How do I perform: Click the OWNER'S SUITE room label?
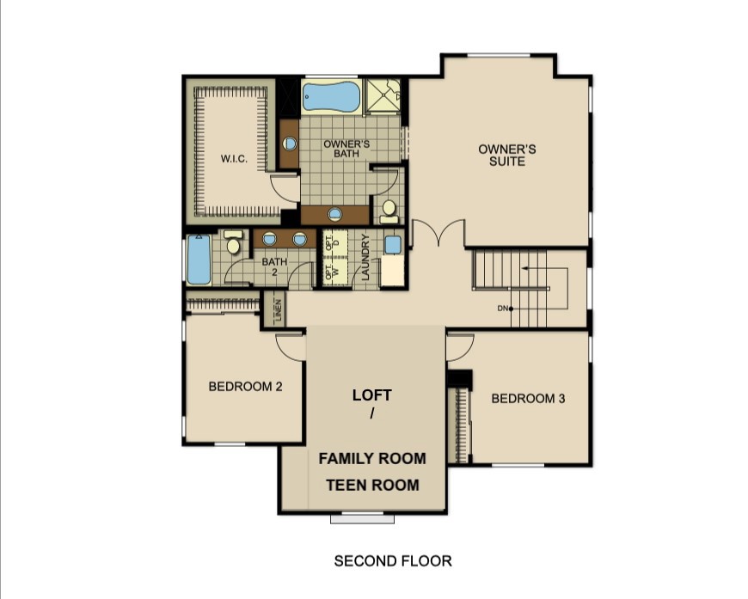pos(507,155)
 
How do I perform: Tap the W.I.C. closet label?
pos(234,159)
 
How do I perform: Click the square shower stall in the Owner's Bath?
pos(383,97)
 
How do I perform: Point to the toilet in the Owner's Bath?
pos(389,211)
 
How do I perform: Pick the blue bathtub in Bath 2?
pos(199,260)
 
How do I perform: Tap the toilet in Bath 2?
pos(233,242)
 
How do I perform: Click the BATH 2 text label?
pos(275,266)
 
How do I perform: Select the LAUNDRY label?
pos(366,257)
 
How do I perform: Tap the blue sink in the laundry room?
pos(393,245)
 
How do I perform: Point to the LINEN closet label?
pos(278,310)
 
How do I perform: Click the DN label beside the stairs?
pos(503,309)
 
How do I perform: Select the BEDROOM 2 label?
pos(245,386)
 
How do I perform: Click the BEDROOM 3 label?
pos(528,398)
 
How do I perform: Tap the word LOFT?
pos(372,395)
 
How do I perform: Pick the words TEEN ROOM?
pos(372,485)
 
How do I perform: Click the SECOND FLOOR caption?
pos(393,561)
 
